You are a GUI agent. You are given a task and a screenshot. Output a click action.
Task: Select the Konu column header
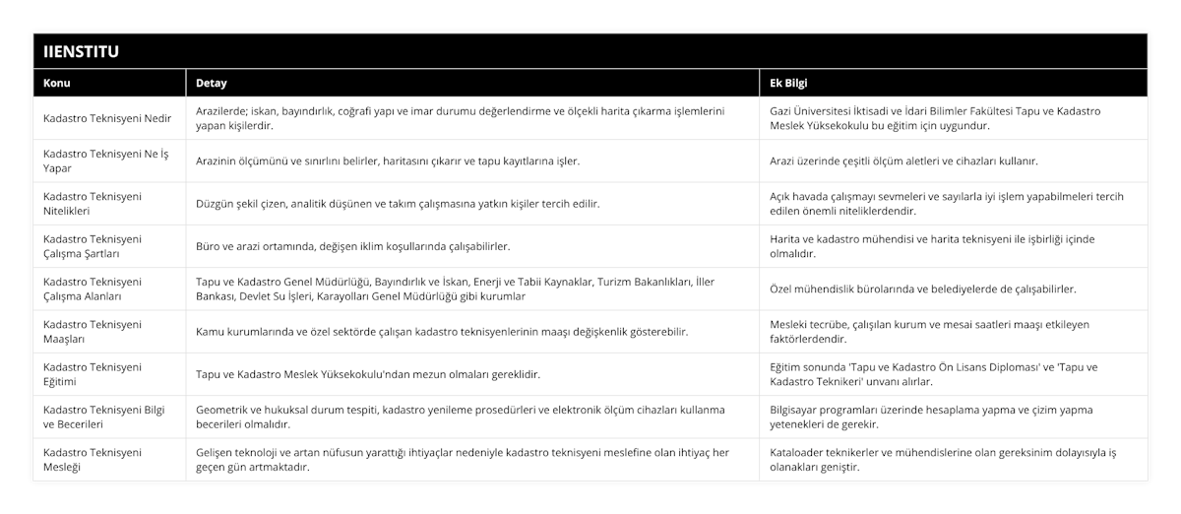pyautogui.click(x=57, y=83)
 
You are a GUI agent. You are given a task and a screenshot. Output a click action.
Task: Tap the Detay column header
pyautogui.click(x=212, y=83)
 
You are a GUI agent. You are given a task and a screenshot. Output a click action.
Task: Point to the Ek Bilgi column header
pyautogui.click(x=789, y=83)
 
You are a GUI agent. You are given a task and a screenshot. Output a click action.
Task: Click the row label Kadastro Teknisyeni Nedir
pyautogui.click(x=108, y=118)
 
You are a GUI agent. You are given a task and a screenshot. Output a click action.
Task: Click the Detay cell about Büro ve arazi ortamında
pyautogui.click(x=352, y=246)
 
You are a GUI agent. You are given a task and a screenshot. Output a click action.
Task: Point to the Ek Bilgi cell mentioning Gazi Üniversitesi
pyautogui.click(x=935, y=118)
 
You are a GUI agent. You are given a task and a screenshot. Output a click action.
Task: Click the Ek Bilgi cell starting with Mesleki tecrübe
pyautogui.click(x=929, y=332)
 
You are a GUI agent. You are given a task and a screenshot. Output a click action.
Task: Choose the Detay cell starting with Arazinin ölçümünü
pyautogui.click(x=388, y=161)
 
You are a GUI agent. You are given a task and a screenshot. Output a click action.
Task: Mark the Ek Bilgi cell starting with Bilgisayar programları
pyautogui.click(x=929, y=417)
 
